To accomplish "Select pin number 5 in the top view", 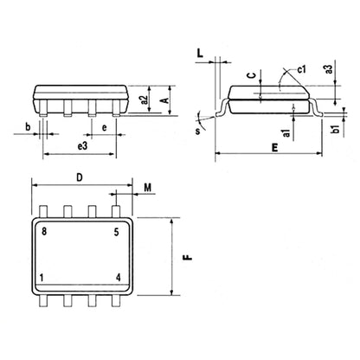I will (x=116, y=232).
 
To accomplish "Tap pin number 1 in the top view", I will (x=43, y=279).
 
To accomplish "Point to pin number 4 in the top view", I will (x=117, y=279).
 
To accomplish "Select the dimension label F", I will (x=185, y=257).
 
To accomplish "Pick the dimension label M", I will (x=148, y=187).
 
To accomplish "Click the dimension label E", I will (x=275, y=148).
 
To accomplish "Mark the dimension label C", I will (x=250, y=76).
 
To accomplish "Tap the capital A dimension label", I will (x=164, y=100).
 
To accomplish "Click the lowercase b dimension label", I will (x=29, y=128).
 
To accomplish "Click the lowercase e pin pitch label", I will (x=104, y=128).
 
